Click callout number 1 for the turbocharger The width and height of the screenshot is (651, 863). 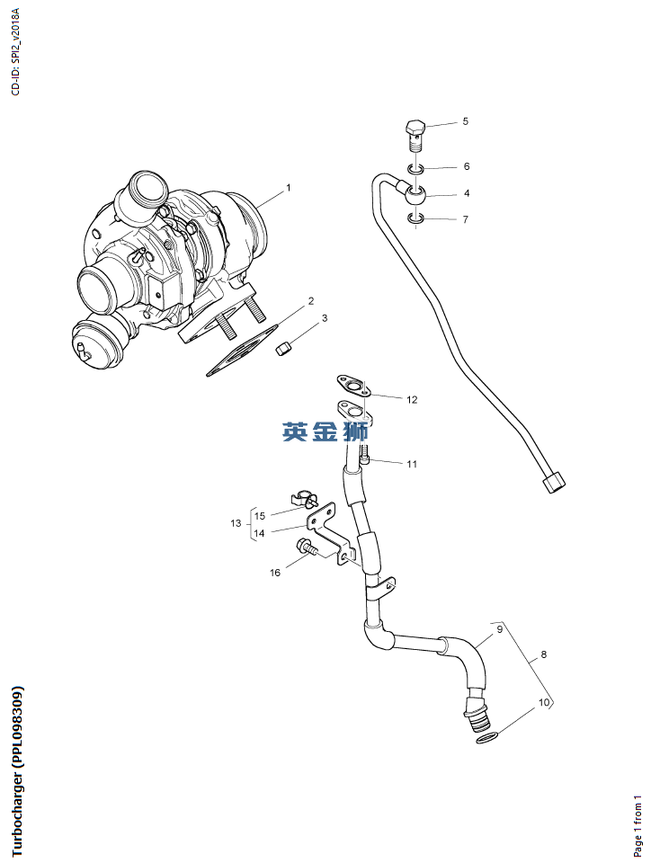coord(289,188)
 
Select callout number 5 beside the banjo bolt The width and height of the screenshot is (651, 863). coord(465,121)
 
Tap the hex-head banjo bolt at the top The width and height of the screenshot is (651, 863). coord(414,134)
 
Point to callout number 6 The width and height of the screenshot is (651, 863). coord(466,166)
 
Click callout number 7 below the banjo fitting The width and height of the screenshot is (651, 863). coord(466,219)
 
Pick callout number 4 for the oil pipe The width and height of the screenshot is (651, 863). coord(466,193)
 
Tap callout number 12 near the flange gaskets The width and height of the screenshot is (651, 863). coord(412,399)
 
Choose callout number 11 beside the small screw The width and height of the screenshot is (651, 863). coord(412,465)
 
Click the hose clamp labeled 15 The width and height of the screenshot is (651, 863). coord(305,496)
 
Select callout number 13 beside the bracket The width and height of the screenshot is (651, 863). coord(236,523)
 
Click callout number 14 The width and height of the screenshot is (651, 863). coord(259,533)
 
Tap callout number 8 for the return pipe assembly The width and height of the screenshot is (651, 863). coord(543,655)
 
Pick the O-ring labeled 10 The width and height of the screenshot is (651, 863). coord(486,738)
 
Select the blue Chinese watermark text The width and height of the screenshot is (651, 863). coord(325,432)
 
